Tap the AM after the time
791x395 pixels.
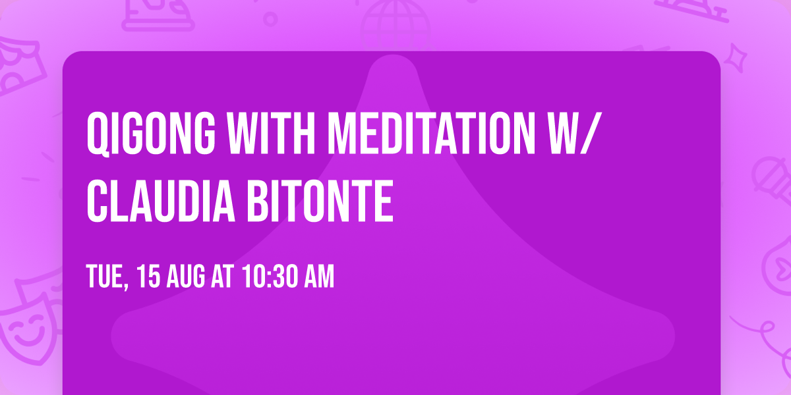320,277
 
